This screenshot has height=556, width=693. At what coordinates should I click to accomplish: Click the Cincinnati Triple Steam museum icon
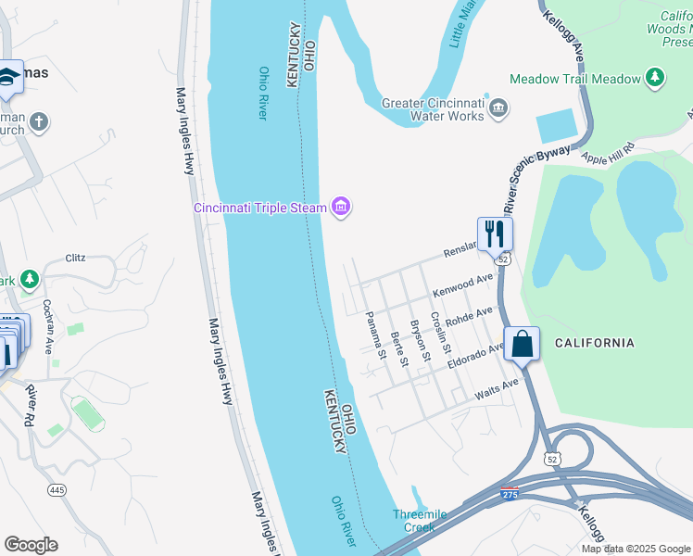coord(341,207)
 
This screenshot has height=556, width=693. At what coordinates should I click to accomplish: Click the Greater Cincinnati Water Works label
coord(434,109)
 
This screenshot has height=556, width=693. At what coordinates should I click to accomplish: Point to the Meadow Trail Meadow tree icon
coord(656,78)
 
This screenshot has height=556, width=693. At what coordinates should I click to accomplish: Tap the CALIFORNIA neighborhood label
coord(594,343)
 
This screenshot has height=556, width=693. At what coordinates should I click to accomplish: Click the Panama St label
coord(375,335)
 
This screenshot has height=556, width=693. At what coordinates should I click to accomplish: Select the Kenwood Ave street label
coord(463,285)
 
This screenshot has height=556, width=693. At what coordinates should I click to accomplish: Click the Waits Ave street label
coord(497,389)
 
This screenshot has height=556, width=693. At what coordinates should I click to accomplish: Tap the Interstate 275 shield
coord(510,493)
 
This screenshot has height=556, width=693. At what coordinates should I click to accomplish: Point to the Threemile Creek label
coord(420,521)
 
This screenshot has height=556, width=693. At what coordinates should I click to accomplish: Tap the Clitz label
coord(75,259)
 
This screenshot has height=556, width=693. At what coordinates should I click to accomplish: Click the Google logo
coord(31,545)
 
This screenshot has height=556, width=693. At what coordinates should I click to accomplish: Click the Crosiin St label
coord(440,335)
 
